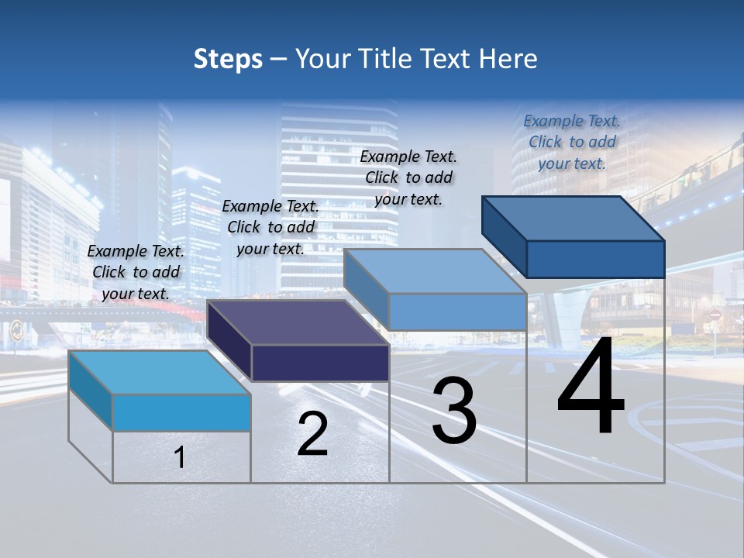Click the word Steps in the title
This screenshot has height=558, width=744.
click(228, 59)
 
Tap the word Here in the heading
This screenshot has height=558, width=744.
click(508, 59)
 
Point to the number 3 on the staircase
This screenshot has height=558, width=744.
click(454, 411)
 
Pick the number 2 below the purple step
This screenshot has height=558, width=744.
click(312, 434)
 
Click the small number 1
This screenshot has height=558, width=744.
click(180, 458)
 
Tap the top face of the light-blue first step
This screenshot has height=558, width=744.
click(160, 373)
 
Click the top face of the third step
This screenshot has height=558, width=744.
click(435, 271)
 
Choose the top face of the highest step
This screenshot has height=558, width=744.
click(573, 219)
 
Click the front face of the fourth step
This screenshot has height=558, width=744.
click(595, 259)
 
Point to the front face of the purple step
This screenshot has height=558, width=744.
click(320, 363)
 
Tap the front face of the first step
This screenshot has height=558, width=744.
click(181, 412)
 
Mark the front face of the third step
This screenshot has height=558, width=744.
click(457, 312)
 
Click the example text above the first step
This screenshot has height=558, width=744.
click(136, 272)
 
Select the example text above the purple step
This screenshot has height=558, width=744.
click(270, 227)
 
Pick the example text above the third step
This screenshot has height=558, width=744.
click(408, 177)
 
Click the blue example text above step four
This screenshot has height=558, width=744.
click(572, 142)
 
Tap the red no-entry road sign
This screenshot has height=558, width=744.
click(715, 316)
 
